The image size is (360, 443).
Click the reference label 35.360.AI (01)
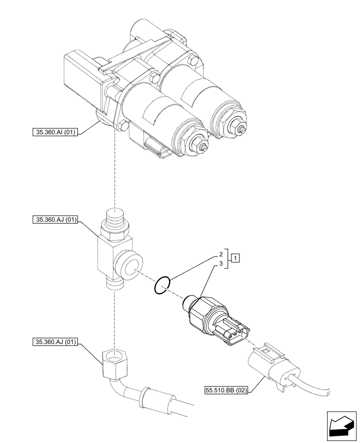[x=55, y=132]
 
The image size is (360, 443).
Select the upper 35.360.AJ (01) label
[x=55, y=219]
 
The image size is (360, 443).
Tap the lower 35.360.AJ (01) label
[x=55, y=342]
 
